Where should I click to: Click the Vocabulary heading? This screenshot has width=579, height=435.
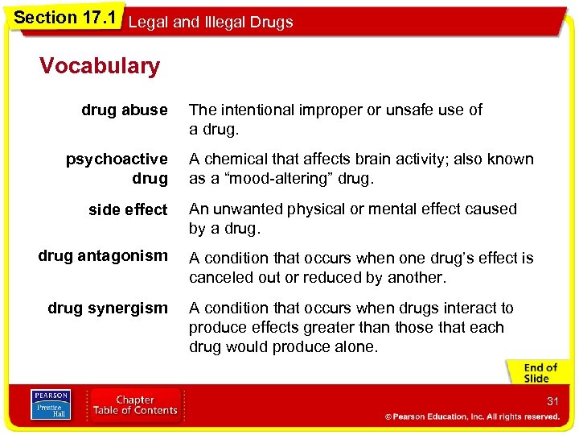point(100,66)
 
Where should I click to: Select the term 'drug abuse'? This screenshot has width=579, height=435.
point(124,110)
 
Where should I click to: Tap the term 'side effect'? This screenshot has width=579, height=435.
point(128,209)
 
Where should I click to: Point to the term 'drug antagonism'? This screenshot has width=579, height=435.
point(103,256)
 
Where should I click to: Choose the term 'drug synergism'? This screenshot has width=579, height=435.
point(108,308)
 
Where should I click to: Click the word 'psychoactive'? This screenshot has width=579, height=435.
point(117,159)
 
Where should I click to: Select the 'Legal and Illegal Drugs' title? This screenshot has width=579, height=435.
point(211,23)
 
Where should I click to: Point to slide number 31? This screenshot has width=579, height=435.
point(552,401)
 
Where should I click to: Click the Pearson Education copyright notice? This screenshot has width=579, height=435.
point(472,417)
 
